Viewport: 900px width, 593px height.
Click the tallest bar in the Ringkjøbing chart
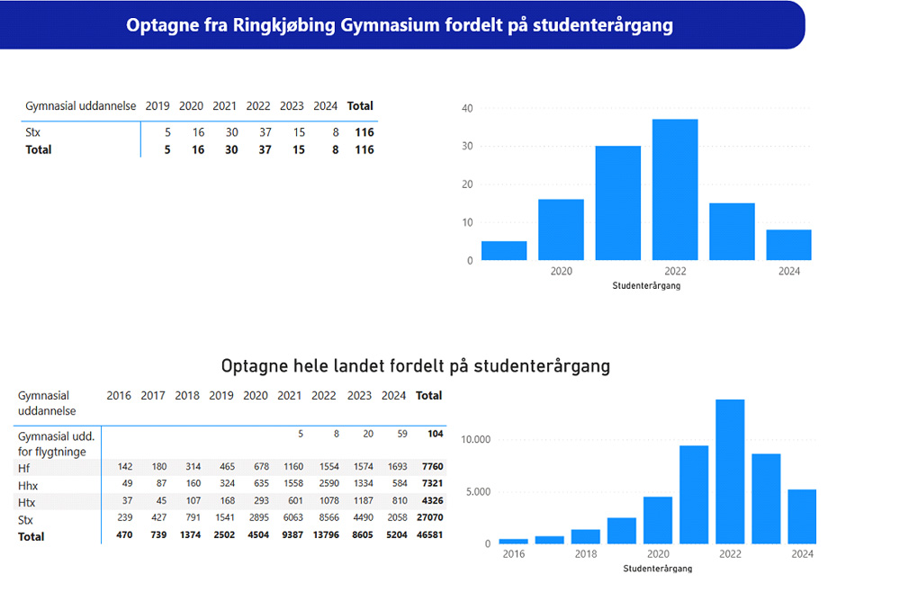click(675, 190)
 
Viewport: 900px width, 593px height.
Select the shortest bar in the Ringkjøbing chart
click(504, 251)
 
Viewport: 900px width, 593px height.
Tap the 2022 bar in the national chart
click(729, 472)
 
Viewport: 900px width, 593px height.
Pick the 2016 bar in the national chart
click(513, 541)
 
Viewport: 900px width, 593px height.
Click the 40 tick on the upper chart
click(467, 108)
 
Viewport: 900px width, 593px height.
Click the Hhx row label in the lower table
click(29, 486)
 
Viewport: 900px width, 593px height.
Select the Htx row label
click(28, 502)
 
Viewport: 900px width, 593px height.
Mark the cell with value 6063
click(289, 519)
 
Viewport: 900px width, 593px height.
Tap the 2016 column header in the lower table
click(119, 395)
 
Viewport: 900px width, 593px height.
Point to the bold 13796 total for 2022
click(324, 536)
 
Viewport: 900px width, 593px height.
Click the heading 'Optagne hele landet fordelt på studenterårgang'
click(416, 366)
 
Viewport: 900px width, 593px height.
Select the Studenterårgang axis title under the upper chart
click(646, 285)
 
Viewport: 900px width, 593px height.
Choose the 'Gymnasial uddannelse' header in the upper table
click(81, 106)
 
